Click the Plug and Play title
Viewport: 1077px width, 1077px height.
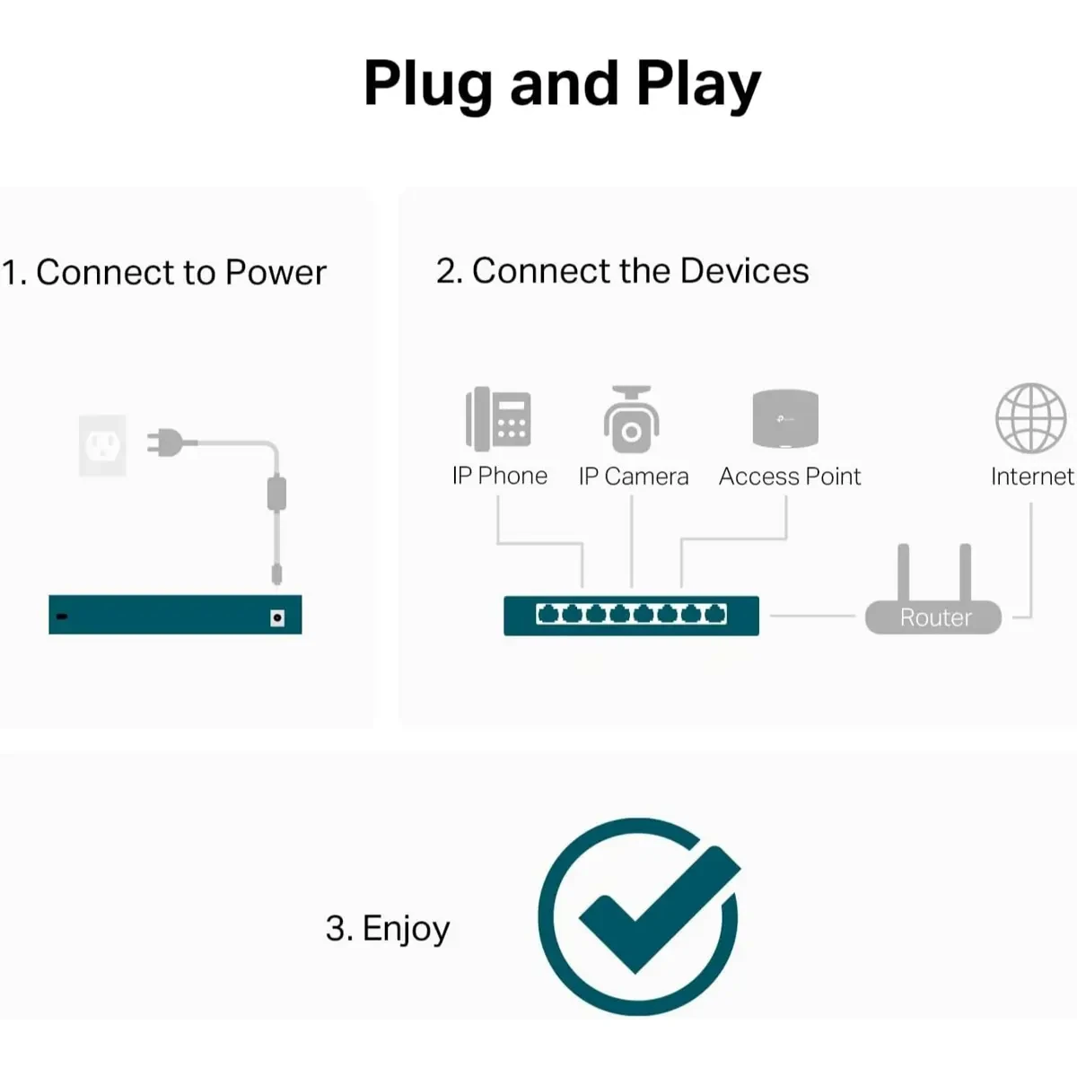point(562,84)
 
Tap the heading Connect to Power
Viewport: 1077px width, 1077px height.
point(164,272)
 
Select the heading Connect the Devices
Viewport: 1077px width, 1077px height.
point(622,270)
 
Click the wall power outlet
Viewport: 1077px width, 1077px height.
point(102,444)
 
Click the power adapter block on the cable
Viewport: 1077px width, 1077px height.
point(277,493)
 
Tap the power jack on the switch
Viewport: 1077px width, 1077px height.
point(277,617)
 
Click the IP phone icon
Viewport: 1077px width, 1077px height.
point(498,418)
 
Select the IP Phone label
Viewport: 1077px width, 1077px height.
point(499,476)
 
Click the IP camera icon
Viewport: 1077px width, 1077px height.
point(631,419)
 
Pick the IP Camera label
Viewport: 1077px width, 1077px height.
point(633,477)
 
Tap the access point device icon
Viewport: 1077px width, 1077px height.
point(785,418)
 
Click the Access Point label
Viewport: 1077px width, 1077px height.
point(789,477)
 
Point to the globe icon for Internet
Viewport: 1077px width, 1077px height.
point(1030,418)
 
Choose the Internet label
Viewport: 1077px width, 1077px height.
point(1031,477)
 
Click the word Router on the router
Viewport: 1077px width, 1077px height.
point(935,617)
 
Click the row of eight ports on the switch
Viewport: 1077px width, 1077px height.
point(631,614)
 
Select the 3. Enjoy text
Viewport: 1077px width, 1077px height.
point(388,928)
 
